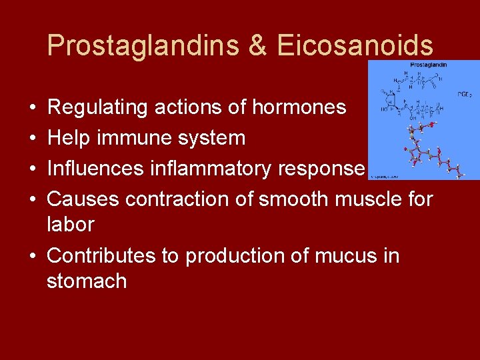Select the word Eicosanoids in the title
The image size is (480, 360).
(355, 45)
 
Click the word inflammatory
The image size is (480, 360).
(214, 168)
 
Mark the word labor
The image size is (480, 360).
(70, 224)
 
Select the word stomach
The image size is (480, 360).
(87, 281)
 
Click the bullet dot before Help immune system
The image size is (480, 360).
(33, 139)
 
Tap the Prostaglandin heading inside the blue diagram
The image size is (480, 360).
(427, 65)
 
